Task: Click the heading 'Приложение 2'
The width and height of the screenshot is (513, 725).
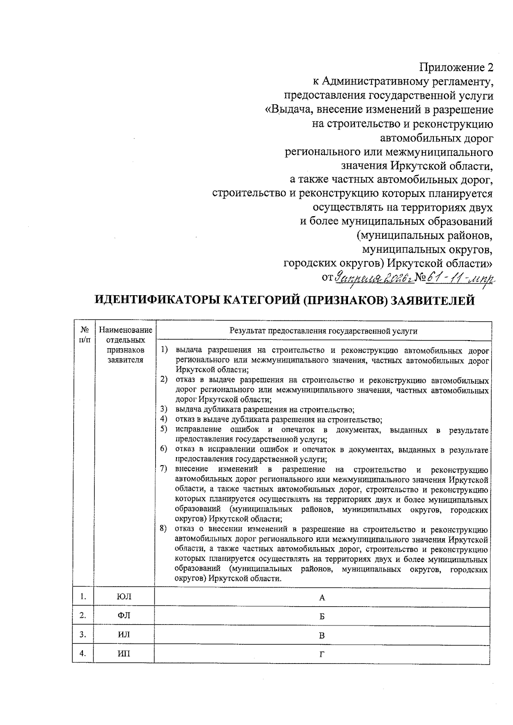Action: pos(456,68)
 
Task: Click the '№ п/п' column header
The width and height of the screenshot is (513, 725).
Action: pos(84,335)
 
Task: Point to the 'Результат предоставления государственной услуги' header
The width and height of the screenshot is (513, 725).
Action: pos(323,331)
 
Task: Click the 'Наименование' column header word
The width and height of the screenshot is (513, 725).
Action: pos(125,330)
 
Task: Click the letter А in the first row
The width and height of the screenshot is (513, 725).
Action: pos(322,598)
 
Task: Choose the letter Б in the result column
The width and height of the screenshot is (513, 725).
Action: pos(322,616)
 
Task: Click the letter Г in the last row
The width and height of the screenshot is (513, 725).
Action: pos(322,654)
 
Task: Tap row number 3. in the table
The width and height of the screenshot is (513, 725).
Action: pos(83,634)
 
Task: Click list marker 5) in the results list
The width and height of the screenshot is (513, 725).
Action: pos(164,429)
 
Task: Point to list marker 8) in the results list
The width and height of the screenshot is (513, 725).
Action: pos(163,529)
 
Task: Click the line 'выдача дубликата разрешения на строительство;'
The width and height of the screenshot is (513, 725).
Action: pos(265,410)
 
